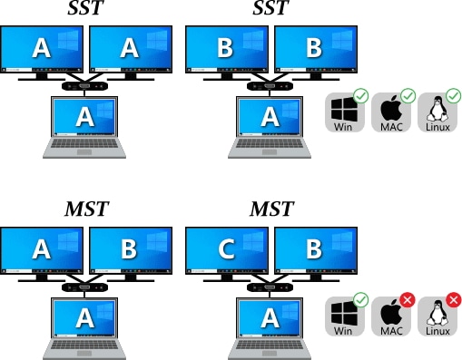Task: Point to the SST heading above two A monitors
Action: point(85,9)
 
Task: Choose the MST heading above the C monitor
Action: point(271,210)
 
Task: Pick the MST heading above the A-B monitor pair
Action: point(86,210)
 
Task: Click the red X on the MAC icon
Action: point(408,300)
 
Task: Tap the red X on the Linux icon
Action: point(453,300)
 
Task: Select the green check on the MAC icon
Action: point(408,95)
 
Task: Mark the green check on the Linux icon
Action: point(453,95)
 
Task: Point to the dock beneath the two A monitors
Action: point(84,86)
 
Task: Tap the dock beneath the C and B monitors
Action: point(270,287)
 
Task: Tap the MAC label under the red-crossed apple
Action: point(391,332)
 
